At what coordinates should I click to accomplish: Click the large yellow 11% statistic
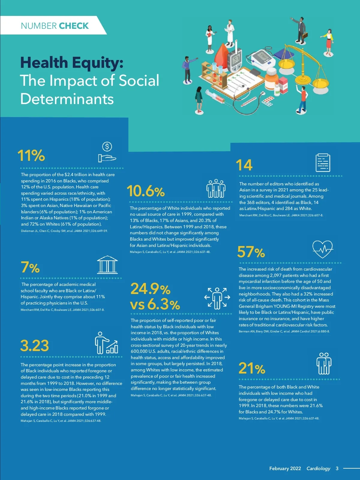point(31,156)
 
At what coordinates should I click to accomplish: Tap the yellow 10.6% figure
point(146,191)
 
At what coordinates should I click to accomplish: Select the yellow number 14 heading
point(244,165)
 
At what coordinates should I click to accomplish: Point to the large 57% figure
point(251,252)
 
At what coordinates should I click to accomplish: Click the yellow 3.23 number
point(34,346)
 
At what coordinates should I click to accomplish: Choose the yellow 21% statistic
point(252,369)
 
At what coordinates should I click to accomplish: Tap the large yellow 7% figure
point(30,267)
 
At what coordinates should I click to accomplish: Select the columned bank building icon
point(107,265)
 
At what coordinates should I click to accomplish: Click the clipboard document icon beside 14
point(323,163)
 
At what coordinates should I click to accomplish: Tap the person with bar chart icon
point(106,343)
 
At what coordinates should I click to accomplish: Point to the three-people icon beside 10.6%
point(216,189)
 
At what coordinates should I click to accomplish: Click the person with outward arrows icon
point(217,298)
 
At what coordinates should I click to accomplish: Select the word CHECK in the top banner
point(74,26)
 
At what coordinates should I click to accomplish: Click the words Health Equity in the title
point(72,63)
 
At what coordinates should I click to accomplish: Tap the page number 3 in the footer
point(337,468)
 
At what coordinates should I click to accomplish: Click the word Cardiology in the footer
point(318,468)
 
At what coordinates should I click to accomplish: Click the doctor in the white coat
point(230,32)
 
